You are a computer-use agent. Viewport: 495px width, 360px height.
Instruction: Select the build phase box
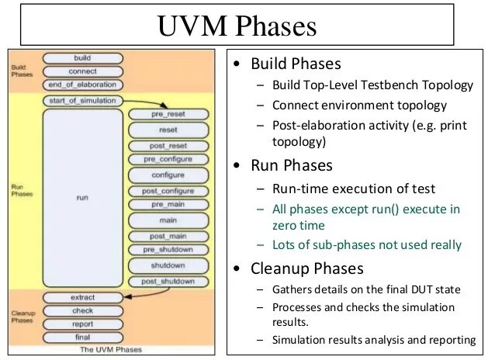[x=82, y=58]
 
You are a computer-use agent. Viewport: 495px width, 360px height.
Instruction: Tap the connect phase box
[x=82, y=71]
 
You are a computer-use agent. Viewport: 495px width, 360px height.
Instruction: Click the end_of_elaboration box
[x=82, y=85]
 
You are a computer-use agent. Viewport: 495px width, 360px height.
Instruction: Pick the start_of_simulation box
[x=82, y=101]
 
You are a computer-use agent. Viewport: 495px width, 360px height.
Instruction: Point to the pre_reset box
[x=168, y=114]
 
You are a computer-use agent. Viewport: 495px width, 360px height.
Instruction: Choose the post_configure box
[x=168, y=191]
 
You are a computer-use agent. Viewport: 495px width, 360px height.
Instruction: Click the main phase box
[x=168, y=220]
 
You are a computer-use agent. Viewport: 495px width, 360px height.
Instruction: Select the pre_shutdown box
[x=168, y=250]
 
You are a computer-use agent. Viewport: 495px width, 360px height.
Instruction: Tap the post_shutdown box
[x=168, y=281]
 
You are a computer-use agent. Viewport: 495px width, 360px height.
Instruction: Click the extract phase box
[x=82, y=298]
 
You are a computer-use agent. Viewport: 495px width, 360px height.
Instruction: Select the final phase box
[x=82, y=338]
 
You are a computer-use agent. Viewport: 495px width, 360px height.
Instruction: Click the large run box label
[x=82, y=198]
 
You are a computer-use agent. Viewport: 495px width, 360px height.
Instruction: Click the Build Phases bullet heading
[x=295, y=64]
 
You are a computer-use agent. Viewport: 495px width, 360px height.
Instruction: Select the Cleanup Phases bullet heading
[x=305, y=268]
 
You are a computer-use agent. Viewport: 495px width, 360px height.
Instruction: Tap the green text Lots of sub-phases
[x=367, y=244]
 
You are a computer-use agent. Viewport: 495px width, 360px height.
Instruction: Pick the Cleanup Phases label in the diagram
[x=22, y=317]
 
